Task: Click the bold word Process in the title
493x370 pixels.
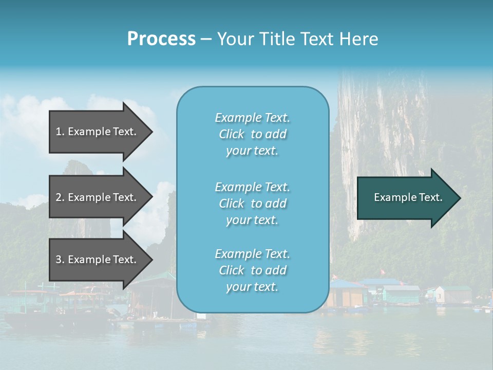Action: pyautogui.click(x=161, y=39)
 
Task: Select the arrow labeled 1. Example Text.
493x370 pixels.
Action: pyautogui.click(x=98, y=132)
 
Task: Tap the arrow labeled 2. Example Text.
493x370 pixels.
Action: pyautogui.click(x=98, y=197)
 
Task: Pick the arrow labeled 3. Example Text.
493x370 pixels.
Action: pyautogui.click(x=98, y=260)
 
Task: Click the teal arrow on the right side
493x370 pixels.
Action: pyautogui.click(x=406, y=197)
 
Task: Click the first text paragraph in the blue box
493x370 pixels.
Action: pyautogui.click(x=252, y=134)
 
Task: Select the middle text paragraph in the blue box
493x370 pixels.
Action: pyautogui.click(x=252, y=203)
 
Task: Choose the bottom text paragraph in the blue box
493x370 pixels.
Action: pyautogui.click(x=252, y=270)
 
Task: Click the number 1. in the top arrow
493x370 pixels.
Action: pyautogui.click(x=60, y=132)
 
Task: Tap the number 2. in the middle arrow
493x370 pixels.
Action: pyautogui.click(x=60, y=197)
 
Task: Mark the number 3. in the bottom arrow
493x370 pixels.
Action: pyautogui.click(x=60, y=260)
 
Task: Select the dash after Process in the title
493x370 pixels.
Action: pyautogui.click(x=206, y=40)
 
